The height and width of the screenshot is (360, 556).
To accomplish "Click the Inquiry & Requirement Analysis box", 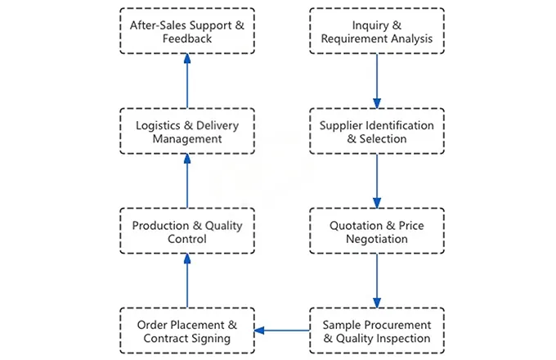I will pos(377,31).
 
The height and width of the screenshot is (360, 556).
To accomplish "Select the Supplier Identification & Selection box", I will pos(377,131).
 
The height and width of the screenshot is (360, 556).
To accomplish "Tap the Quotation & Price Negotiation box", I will pos(377,232).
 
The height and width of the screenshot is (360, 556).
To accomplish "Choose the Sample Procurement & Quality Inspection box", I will pos(377,331).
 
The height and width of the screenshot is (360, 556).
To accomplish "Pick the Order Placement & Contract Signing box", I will pos(186,331).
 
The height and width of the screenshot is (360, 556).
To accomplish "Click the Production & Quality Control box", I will pos(186,232).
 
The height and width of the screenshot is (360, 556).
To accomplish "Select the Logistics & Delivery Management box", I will pos(186,131).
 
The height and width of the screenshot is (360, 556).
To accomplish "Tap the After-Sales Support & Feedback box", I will pos(186,31).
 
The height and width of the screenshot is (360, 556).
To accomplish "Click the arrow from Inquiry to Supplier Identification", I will pos(377,81).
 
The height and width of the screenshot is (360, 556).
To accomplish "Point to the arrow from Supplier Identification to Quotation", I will pos(377,181).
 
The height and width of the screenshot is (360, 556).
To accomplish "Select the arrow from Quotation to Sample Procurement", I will pos(377,281).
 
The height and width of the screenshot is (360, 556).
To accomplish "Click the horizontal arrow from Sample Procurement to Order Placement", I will pos(282,331).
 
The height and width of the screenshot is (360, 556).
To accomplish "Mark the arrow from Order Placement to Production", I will pos(186,281).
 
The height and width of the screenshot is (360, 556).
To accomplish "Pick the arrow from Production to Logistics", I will pos(186,181).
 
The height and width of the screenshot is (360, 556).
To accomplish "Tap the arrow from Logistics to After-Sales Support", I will pos(186,81).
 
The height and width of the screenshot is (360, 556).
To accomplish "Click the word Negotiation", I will pos(377,239).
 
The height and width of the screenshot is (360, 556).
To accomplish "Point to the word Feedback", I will pos(186,38).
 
